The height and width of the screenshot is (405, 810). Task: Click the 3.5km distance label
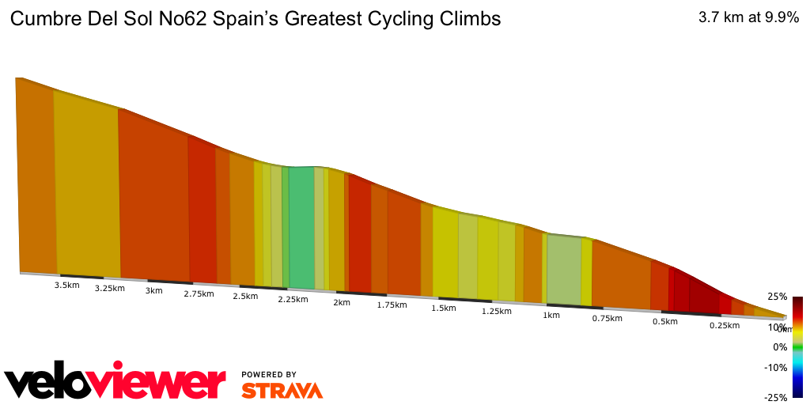click(66, 285)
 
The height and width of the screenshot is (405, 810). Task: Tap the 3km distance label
click(153, 290)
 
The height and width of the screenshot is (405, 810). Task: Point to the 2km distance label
click(342, 302)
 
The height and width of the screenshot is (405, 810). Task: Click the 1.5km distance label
click(443, 308)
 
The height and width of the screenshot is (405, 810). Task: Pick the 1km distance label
click(551, 315)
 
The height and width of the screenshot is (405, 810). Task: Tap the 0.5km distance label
click(665, 322)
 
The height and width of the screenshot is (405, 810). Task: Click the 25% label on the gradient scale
click(777, 297)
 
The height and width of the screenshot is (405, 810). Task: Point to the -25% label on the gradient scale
click(775, 397)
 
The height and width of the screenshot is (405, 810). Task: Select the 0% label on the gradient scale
click(780, 347)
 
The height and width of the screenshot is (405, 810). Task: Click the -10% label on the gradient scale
click(775, 367)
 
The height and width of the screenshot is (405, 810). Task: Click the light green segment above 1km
click(563, 270)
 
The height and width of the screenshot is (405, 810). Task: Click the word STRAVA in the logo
click(282, 390)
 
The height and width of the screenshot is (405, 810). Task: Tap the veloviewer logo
click(115, 383)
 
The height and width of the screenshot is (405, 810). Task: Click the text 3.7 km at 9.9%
click(748, 18)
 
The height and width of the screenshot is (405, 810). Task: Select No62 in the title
click(180, 19)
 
